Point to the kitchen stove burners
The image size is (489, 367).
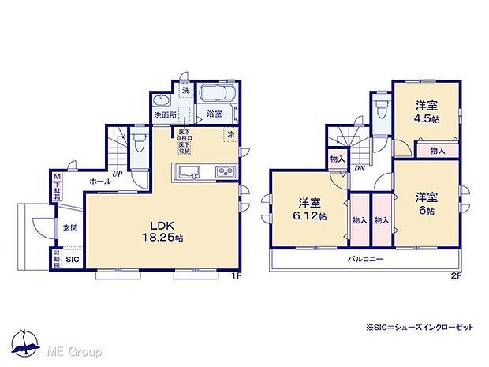224,172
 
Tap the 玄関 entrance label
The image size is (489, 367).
70,228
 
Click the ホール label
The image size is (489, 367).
99,182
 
